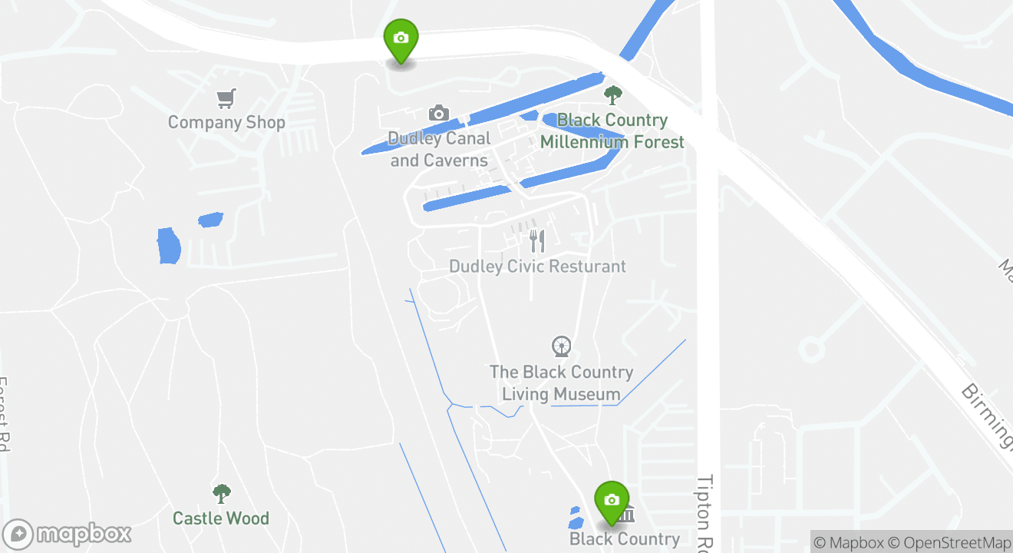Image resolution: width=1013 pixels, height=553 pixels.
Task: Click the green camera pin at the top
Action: pyautogui.click(x=400, y=39)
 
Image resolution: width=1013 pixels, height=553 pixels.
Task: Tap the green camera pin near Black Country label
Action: pyautogui.click(x=612, y=502)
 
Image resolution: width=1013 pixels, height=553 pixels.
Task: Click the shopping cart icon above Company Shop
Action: pyautogui.click(x=226, y=98)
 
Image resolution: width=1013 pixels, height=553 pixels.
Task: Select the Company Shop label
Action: pyautogui.click(x=226, y=122)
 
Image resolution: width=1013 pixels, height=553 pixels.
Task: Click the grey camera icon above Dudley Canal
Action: pyautogui.click(x=438, y=114)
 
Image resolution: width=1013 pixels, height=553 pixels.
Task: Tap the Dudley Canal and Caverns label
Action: pyautogui.click(x=439, y=149)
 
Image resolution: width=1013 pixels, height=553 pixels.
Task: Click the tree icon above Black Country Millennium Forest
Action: pyautogui.click(x=612, y=95)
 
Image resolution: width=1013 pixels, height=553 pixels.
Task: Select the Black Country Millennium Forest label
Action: pyautogui.click(x=612, y=131)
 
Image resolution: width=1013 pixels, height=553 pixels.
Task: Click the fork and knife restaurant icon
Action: pyautogui.click(x=537, y=241)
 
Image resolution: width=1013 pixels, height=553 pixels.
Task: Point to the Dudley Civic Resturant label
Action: pyautogui.click(x=537, y=267)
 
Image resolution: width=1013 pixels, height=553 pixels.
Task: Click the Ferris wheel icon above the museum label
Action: pyautogui.click(x=562, y=346)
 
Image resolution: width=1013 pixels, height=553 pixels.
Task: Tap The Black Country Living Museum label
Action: pyautogui.click(x=561, y=383)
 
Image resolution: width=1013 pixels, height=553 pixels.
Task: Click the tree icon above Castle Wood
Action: pyautogui.click(x=221, y=493)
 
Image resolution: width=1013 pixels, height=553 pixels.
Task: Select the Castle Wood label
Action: pyautogui.click(x=221, y=518)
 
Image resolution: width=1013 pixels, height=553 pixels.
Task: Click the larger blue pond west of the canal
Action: pyautogui.click(x=168, y=246)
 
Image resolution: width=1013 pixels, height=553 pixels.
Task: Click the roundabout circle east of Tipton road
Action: pyautogui.click(x=811, y=350)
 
